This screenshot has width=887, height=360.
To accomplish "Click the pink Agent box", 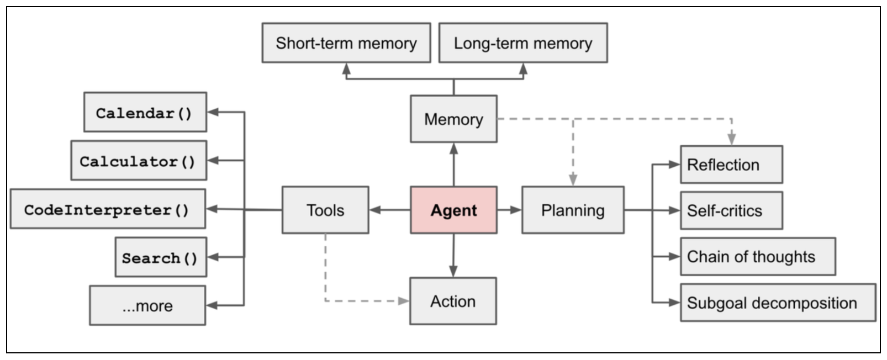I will coord(453,210).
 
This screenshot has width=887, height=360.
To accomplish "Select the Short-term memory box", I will coord(346,43).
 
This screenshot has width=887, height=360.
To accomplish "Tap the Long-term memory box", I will coord(523,43).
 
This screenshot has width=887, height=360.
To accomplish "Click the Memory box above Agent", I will coord(453,119).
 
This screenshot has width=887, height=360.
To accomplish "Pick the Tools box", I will coord(325,210).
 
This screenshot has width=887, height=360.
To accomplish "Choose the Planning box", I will coord(573,210).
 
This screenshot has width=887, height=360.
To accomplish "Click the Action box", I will coord(453,301).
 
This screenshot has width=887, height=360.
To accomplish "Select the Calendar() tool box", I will coord(145,112).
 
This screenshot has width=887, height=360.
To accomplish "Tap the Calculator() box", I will coord(139,160).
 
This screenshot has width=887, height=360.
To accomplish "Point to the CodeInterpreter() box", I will coord(108,209).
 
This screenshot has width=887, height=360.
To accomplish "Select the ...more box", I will coord(147,305).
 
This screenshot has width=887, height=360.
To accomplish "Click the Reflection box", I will coord(731,165).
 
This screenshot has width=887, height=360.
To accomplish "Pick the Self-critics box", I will coord(731,210).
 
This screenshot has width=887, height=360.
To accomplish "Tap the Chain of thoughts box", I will coord(758,257).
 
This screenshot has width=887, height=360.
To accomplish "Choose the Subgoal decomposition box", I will coord(778,303).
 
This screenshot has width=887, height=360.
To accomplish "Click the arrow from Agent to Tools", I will coord(389,210).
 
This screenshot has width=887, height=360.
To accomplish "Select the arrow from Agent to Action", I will coord(453,255).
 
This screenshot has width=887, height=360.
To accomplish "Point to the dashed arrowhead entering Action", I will coord(404,301).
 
